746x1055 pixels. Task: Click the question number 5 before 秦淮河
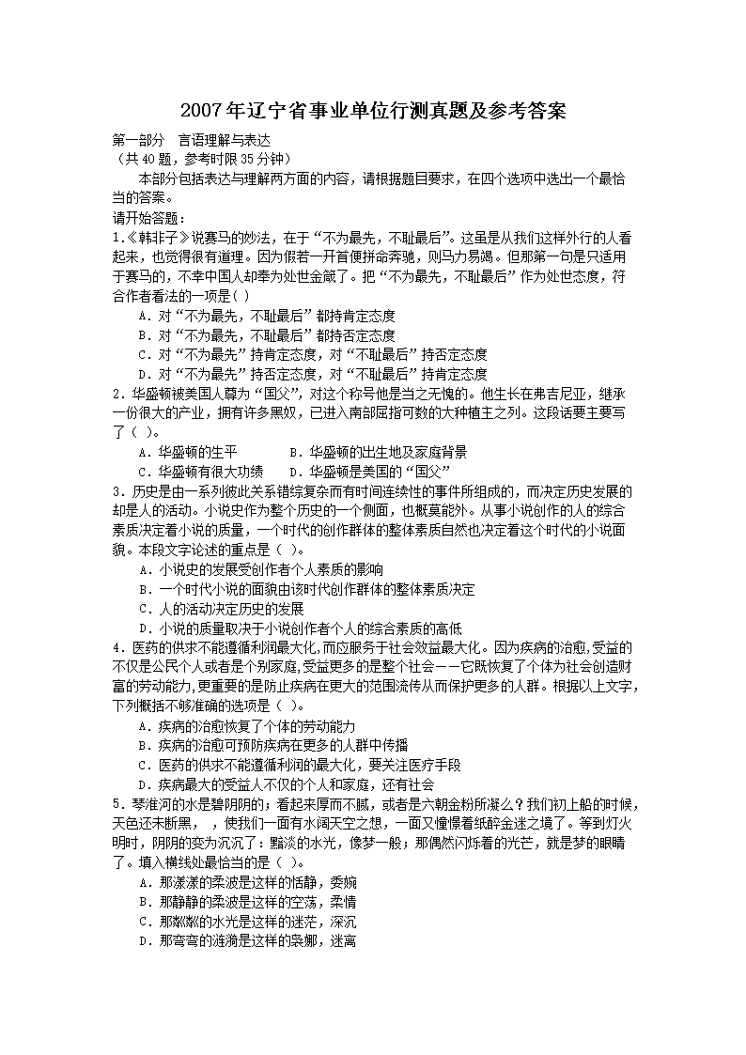(x=116, y=804)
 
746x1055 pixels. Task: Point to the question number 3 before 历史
(x=116, y=491)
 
